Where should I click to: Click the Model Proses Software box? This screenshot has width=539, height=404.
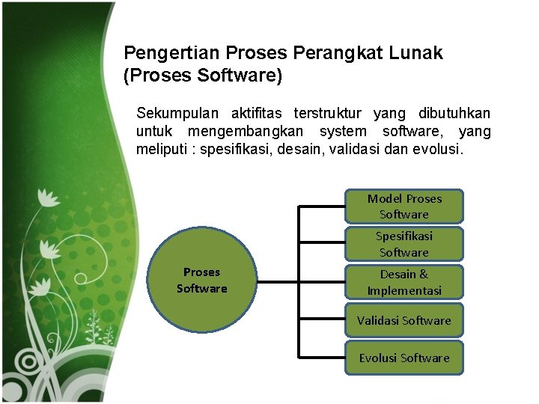click(404, 206)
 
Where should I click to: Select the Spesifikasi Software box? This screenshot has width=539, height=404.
click(404, 244)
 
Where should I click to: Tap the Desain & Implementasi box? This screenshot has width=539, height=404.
click(404, 282)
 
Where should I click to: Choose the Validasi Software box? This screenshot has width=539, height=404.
click(404, 320)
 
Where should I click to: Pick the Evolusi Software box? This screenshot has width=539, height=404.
click(404, 358)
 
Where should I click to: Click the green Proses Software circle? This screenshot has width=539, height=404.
click(201, 281)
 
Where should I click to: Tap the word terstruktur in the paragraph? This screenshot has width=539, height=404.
click(329, 114)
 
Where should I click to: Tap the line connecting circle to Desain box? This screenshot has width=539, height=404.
click(299, 282)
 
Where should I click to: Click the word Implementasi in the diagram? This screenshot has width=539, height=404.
click(404, 290)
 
